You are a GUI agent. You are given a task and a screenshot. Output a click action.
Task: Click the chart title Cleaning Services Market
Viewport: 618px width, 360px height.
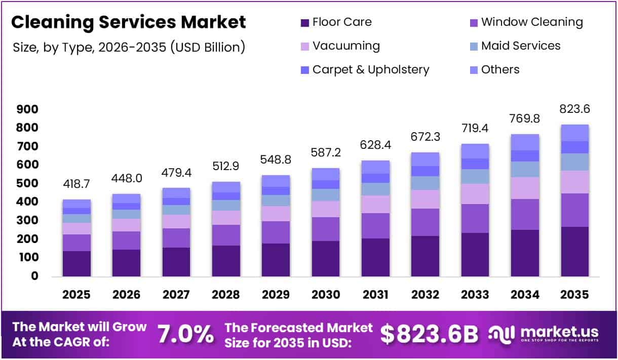click(129, 22)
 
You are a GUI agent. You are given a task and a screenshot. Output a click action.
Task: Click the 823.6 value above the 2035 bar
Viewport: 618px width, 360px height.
click(575, 109)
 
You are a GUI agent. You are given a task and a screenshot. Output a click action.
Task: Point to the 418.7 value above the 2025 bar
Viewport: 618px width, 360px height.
click(76, 184)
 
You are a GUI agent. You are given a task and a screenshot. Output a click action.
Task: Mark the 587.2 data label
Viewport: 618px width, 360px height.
click(325, 153)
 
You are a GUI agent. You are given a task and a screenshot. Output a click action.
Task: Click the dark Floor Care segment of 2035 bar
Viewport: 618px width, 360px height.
click(575, 251)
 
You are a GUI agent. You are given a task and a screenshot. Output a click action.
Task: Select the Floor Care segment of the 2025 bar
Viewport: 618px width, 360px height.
click(76, 263)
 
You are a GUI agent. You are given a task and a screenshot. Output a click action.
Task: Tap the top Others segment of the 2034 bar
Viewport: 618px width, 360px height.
click(525, 142)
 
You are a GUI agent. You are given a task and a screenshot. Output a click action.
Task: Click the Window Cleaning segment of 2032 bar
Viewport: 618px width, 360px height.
click(425, 222)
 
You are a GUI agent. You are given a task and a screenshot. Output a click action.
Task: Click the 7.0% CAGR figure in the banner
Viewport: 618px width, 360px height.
click(185, 334)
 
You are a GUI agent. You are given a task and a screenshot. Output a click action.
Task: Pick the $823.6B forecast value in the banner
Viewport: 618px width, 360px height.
click(429, 334)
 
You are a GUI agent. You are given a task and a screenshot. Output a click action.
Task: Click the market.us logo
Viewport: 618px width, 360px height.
click(544, 334)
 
